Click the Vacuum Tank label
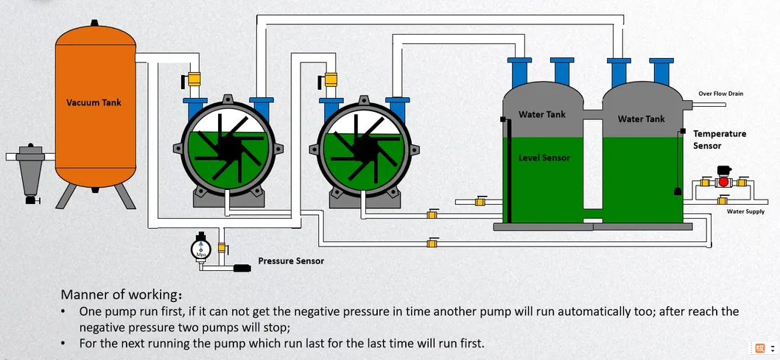click(x=94, y=103)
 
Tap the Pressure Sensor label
click(x=291, y=261)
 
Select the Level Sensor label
click(x=544, y=158)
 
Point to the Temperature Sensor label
click(x=720, y=140)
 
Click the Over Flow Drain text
click(x=721, y=93)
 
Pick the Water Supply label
click(x=745, y=211)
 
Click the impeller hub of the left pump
click(x=228, y=148)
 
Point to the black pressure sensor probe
click(x=242, y=268)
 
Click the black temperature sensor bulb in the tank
click(x=677, y=191)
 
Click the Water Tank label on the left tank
click(x=542, y=114)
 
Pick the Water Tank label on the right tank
click(x=642, y=119)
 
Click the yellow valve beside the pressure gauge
click(x=222, y=247)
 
